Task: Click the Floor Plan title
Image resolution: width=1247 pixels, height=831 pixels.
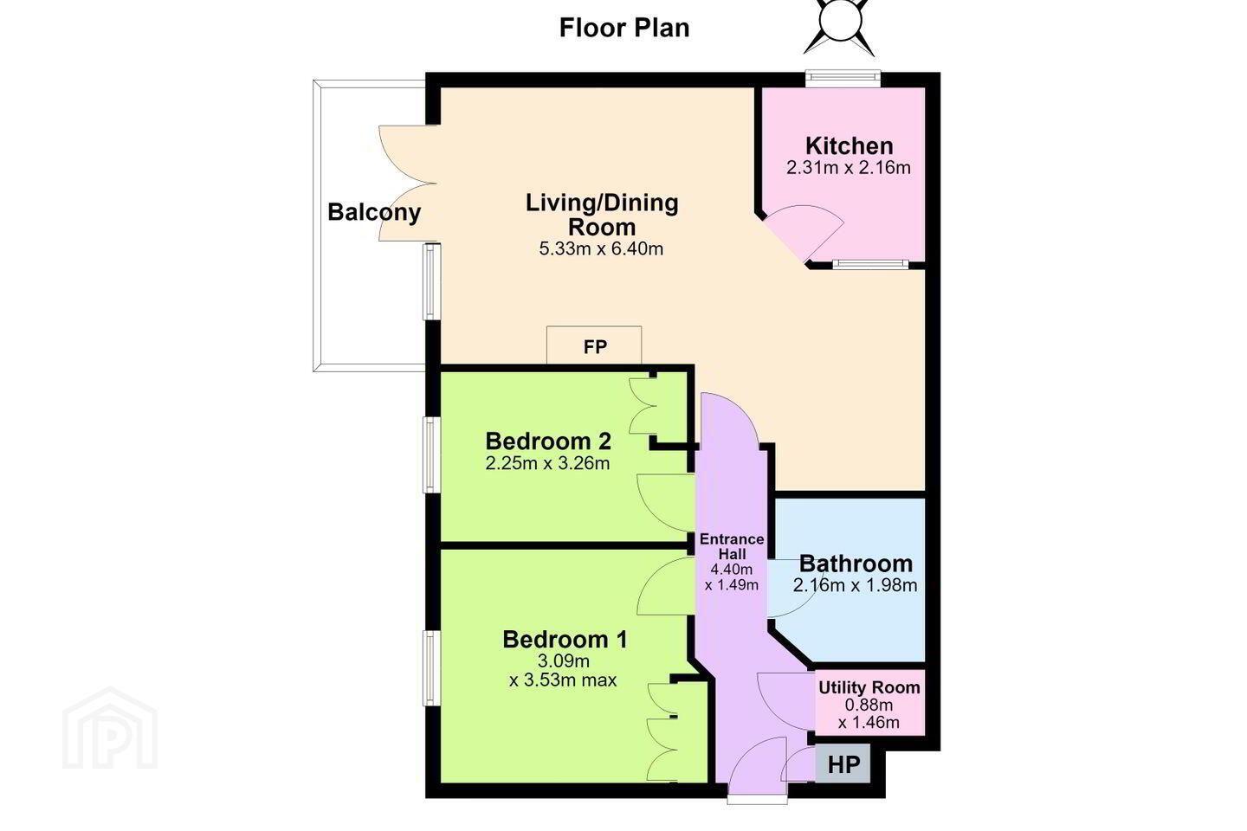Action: [x=624, y=28]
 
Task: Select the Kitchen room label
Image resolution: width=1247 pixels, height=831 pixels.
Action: [x=849, y=145]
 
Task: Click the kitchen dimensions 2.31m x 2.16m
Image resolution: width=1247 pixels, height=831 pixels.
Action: [x=849, y=168]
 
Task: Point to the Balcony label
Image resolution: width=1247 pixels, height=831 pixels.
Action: [x=374, y=212]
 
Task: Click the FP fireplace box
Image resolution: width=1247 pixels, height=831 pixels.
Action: [x=594, y=345]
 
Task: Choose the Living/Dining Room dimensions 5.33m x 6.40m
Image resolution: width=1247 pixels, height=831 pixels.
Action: [x=601, y=248]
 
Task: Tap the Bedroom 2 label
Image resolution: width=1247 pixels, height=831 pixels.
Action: [x=548, y=441]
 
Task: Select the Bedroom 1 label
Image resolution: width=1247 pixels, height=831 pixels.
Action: [x=565, y=640]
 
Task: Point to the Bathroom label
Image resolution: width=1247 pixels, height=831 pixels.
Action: [x=856, y=564]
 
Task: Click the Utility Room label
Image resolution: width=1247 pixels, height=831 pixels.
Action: [x=869, y=688]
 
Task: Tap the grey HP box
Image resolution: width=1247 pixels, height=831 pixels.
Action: [x=843, y=764]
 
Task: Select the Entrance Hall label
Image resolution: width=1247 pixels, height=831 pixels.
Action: [x=732, y=546]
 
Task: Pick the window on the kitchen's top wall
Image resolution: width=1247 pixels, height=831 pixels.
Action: [x=843, y=79]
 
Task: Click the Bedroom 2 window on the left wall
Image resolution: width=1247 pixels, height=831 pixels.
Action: [x=431, y=454]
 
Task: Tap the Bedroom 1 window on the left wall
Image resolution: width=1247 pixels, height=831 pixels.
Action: [x=431, y=668]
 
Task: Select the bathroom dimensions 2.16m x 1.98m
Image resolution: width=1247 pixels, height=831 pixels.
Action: [x=855, y=585]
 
